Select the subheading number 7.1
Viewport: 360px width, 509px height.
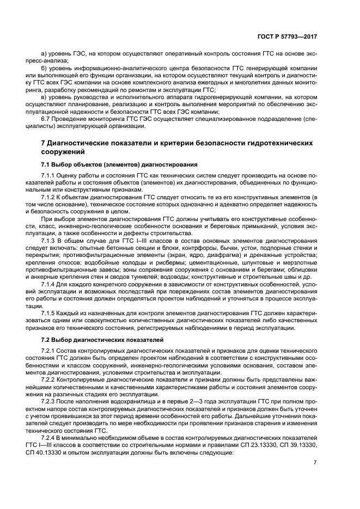point(46,164)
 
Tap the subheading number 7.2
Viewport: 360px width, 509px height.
point(46,339)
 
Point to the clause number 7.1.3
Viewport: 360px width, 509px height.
point(50,240)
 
